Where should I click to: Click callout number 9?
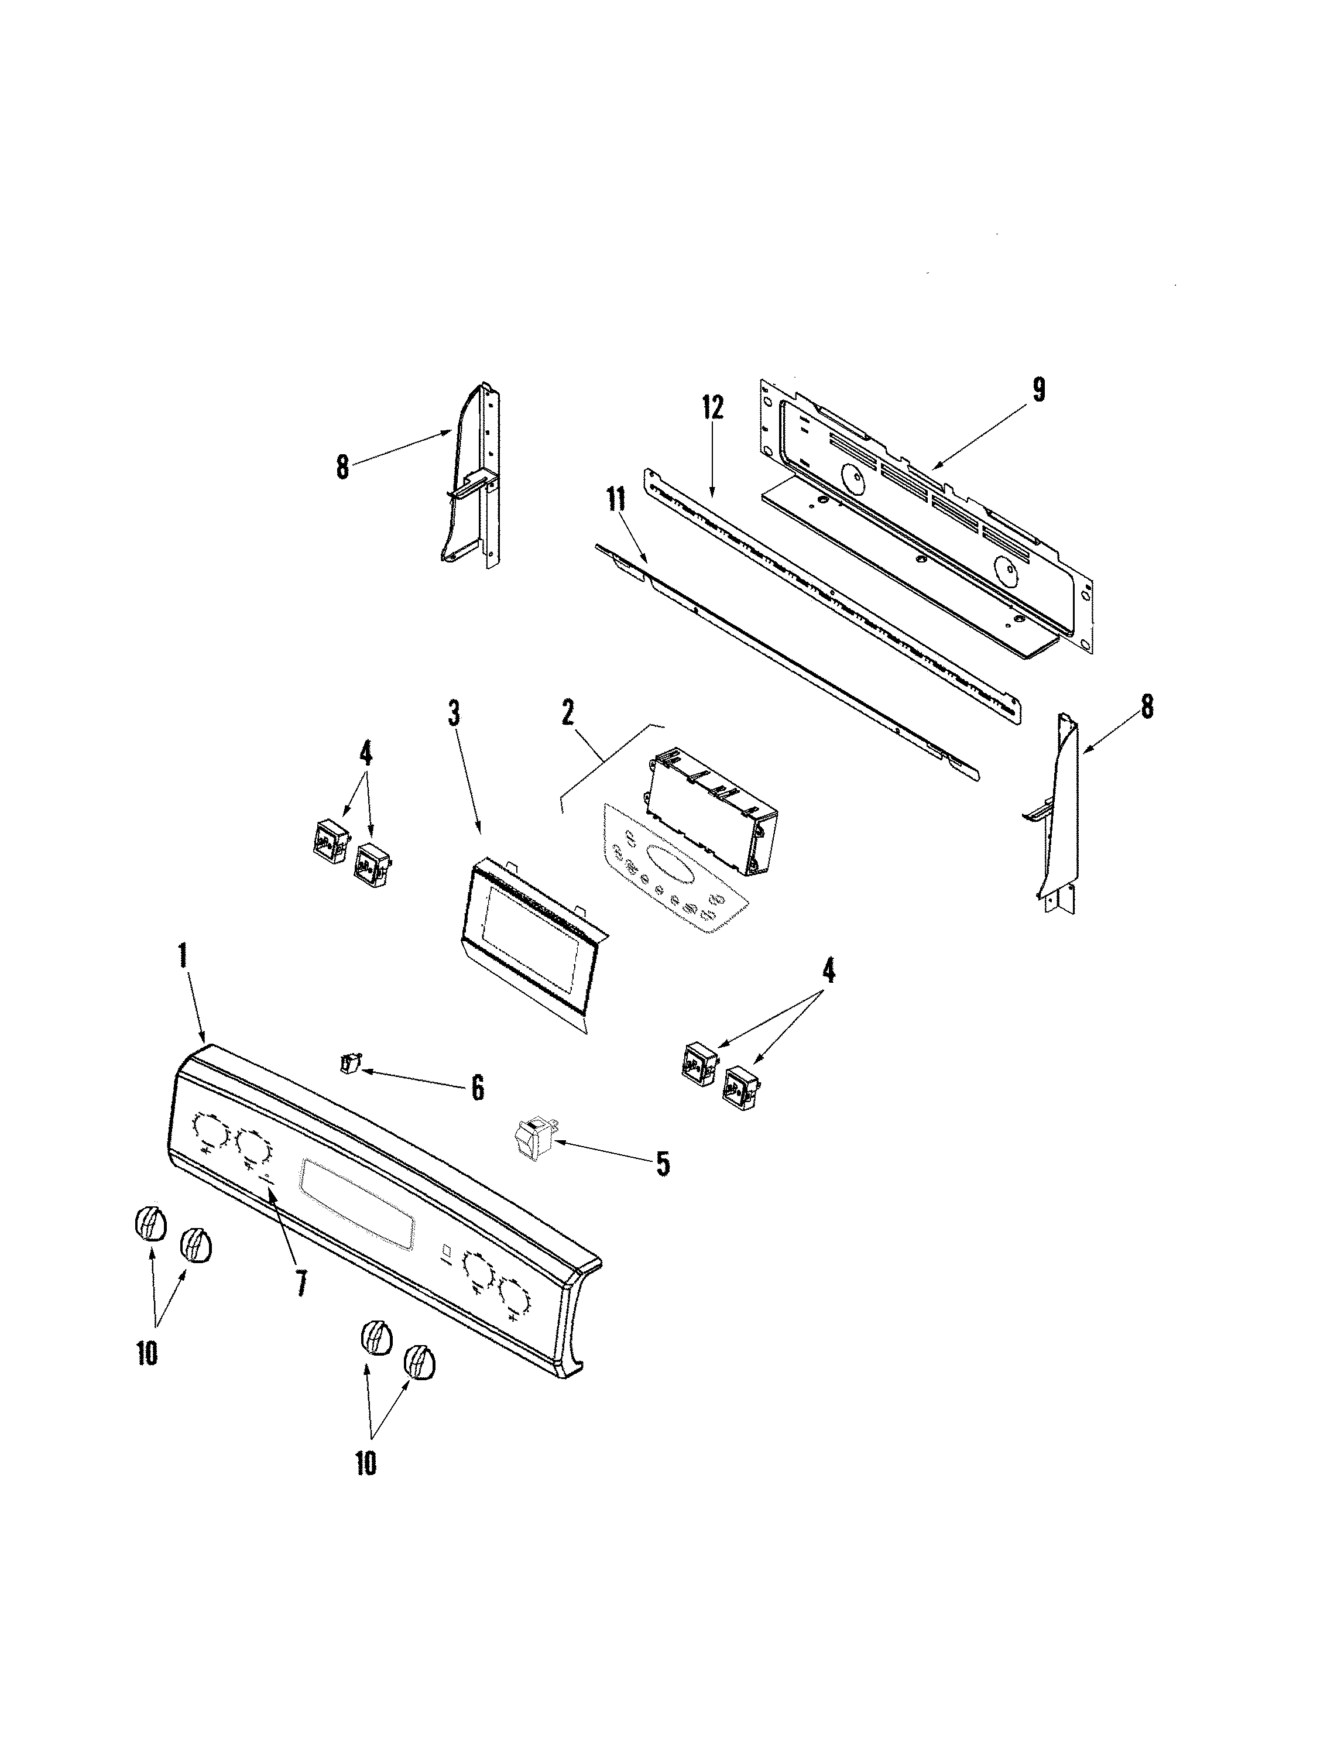pos(1038,390)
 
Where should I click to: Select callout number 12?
pos(712,409)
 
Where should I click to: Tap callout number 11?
pos(615,501)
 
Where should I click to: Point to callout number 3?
pos(453,715)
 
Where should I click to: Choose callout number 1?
pos(183,956)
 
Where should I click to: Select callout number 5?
pos(661,1165)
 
